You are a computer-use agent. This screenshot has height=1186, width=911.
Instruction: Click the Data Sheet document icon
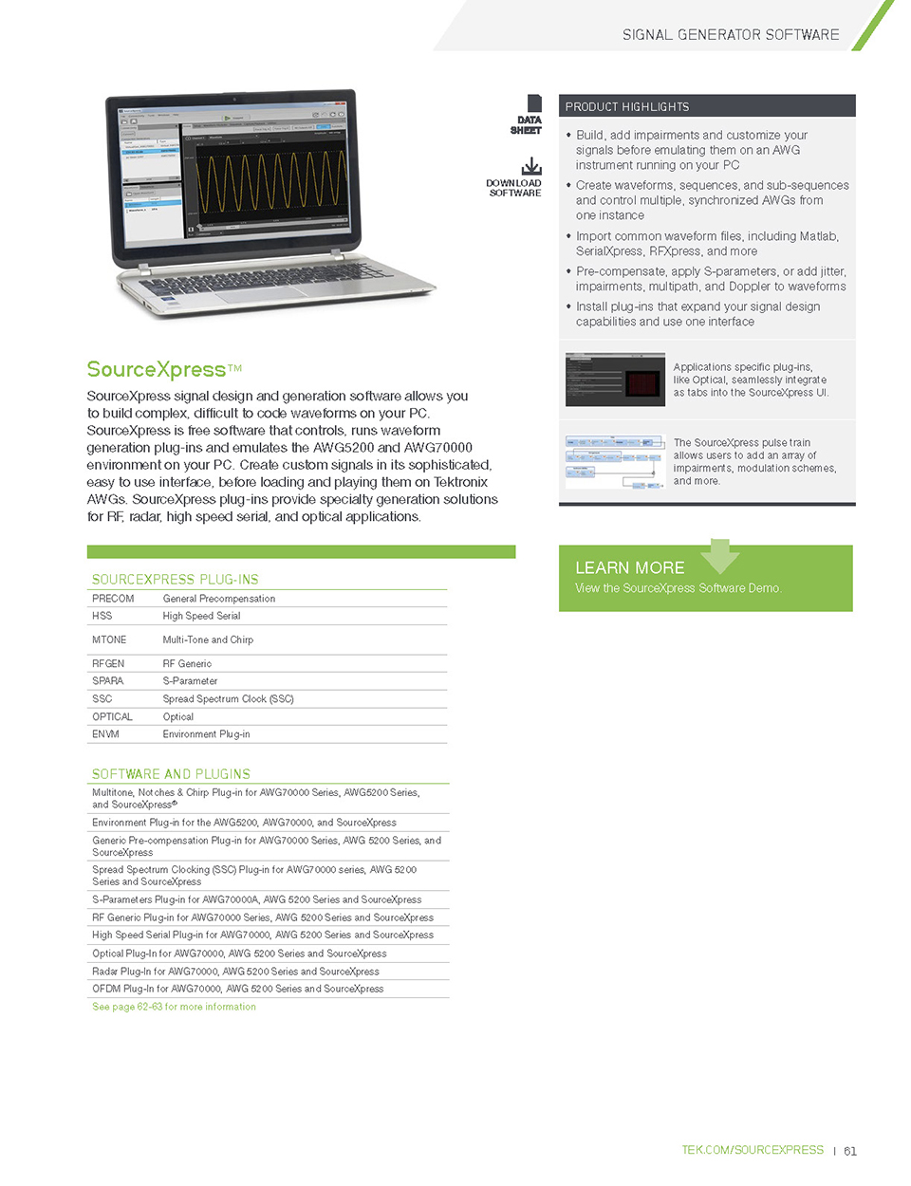click(534, 103)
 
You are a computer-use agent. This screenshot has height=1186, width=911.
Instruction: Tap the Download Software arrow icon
click(531, 166)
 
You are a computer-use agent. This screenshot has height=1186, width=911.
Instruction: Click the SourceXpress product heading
click(157, 369)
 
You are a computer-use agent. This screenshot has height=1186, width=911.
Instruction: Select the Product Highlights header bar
click(707, 106)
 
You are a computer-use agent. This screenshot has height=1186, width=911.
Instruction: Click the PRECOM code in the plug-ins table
click(113, 599)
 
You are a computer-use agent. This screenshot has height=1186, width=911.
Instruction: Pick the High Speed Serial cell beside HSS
click(201, 616)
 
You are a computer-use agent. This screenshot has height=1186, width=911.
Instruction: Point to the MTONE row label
click(109, 639)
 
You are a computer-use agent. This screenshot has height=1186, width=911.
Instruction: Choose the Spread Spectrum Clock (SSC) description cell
click(228, 699)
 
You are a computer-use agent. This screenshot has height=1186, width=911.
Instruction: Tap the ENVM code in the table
click(105, 734)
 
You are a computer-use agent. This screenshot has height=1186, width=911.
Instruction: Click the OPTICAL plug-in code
click(112, 717)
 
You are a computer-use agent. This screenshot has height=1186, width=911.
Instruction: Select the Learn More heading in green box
click(629, 567)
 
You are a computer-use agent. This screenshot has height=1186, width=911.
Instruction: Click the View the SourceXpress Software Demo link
click(678, 588)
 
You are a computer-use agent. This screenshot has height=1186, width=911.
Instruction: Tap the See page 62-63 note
click(174, 1007)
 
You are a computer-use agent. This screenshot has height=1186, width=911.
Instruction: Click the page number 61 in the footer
click(850, 1151)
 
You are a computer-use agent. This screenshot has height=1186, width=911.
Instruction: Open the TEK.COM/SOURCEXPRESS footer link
click(752, 1150)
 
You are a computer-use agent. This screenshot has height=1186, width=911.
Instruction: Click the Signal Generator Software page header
click(731, 35)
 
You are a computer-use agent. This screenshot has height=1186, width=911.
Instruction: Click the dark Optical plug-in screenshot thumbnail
click(614, 380)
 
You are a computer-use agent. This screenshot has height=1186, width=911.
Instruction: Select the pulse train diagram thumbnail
click(614, 462)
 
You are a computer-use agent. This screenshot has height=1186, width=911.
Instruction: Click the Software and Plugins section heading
click(171, 774)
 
